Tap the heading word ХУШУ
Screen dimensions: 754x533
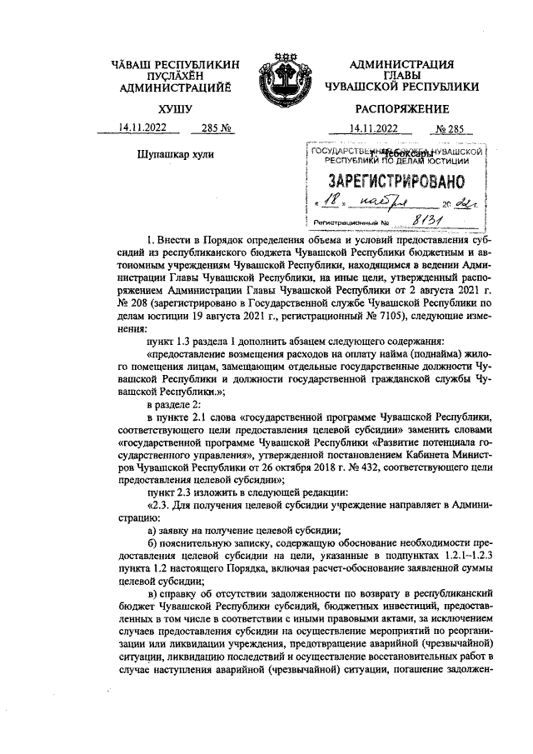coord(175,108)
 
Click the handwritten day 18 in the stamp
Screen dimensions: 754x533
coord(331,202)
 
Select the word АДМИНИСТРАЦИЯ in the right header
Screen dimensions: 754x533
coord(402,64)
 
